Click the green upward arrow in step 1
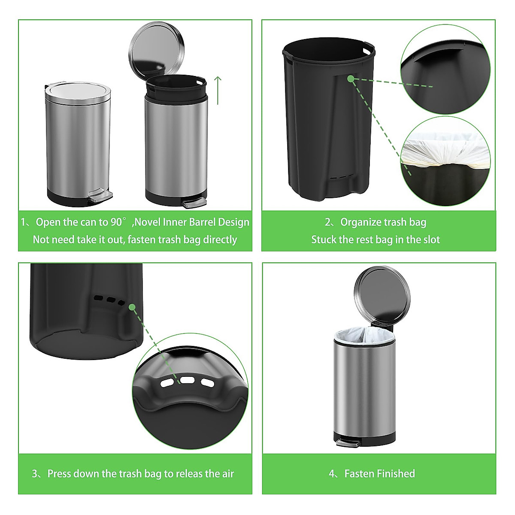click(218, 90)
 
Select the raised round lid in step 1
click(157, 48)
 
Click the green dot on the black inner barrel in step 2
click(351, 79)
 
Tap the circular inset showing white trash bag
click(445, 161)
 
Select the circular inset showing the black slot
click(445, 69)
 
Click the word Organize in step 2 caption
click(360, 222)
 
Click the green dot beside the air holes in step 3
click(132, 307)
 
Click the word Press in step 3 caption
click(59, 474)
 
